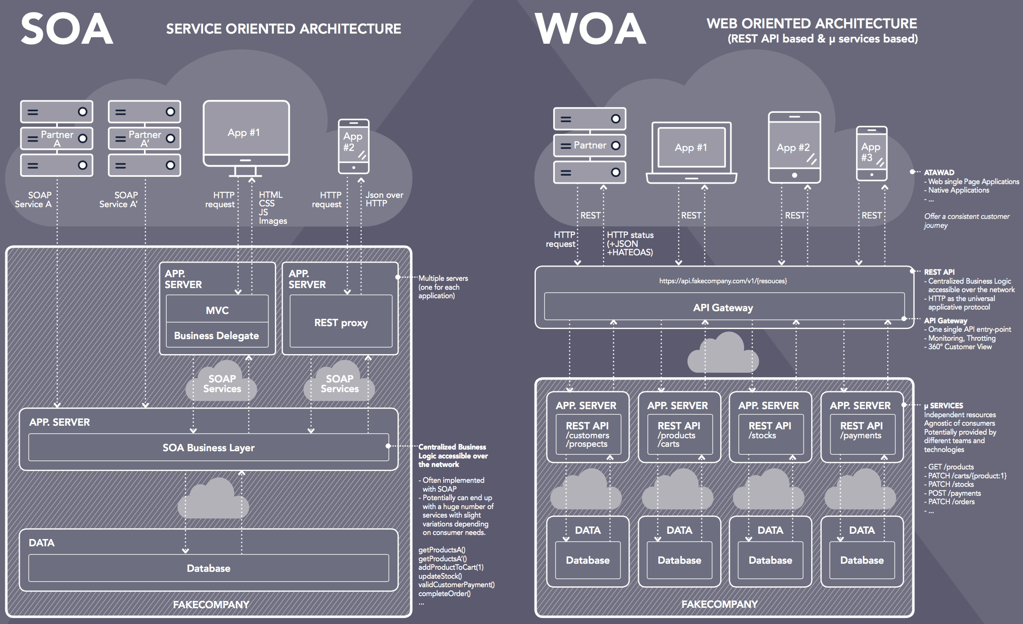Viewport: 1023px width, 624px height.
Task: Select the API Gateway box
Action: [724, 308]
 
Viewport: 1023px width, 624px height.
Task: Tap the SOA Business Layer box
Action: [208, 448]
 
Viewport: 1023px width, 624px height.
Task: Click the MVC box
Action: [217, 310]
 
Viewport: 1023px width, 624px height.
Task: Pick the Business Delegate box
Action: [217, 335]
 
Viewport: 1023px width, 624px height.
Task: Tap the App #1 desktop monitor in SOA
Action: [246, 133]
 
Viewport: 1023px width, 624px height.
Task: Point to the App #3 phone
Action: [871, 153]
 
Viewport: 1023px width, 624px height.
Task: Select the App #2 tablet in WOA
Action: [794, 147]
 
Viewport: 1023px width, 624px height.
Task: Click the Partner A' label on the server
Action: [144, 138]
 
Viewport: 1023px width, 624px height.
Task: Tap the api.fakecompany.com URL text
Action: [723, 281]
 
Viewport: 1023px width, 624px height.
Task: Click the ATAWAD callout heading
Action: [939, 172]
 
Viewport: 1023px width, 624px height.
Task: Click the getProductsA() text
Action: [442, 550]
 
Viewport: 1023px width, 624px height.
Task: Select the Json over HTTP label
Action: [384, 199]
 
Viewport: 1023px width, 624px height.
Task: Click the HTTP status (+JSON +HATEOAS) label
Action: [630, 244]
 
